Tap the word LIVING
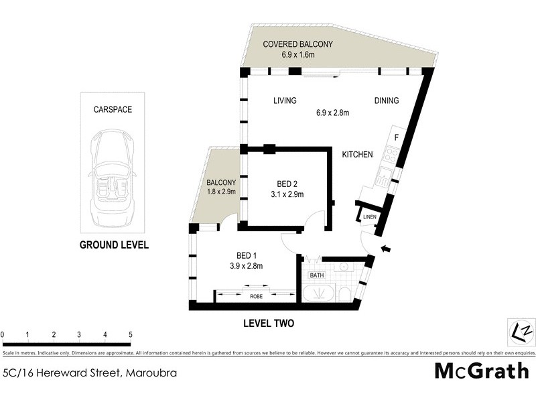[285, 101]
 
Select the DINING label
[386, 101]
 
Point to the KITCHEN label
[357, 155]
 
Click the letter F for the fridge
[396, 139]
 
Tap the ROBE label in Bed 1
[256, 295]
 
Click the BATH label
[316, 275]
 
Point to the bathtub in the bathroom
[320, 294]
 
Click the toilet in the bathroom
[344, 295]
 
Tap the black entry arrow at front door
[386, 251]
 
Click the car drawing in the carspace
[113, 170]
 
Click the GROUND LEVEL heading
[114, 245]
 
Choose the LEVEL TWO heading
[267, 323]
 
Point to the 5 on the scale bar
[130, 334]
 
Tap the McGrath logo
[482, 371]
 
